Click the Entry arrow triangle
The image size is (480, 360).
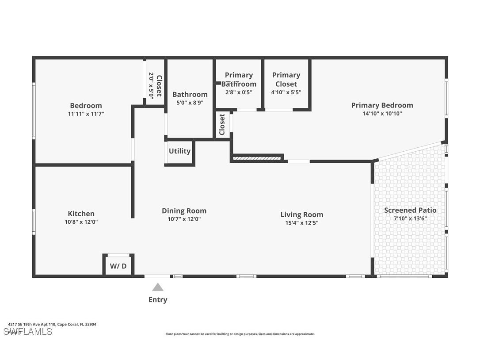point(158,287)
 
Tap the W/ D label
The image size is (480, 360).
point(118,266)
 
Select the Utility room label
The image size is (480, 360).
point(179,151)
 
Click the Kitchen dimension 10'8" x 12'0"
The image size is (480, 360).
point(81,222)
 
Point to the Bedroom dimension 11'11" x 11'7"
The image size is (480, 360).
point(86,114)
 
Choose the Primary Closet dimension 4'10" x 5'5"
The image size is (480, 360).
point(286,92)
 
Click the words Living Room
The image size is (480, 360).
point(301,214)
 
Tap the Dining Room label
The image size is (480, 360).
point(184,211)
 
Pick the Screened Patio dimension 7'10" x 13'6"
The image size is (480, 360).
point(410,218)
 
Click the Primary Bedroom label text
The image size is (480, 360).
point(382,105)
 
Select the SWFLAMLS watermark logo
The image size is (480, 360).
point(27,332)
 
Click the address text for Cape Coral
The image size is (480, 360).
point(52,324)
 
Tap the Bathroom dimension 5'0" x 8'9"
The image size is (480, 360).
point(190,103)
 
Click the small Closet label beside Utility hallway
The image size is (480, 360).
point(222,125)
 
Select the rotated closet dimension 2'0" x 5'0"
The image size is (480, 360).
point(151,85)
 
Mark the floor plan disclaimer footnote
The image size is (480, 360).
point(240,334)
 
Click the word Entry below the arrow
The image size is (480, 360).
point(158,300)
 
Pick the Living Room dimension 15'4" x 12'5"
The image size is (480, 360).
point(301,223)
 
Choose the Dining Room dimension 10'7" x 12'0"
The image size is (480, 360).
point(184,219)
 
